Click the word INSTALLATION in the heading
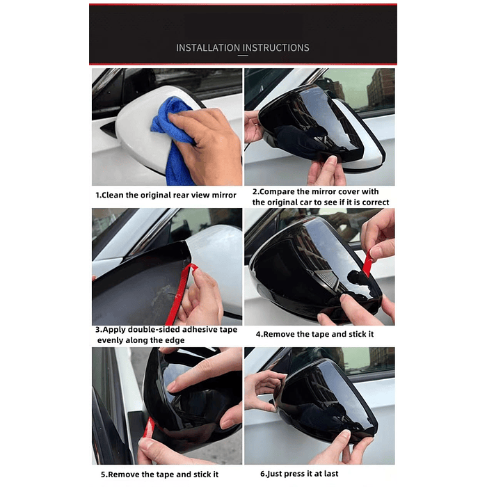coord(207,48)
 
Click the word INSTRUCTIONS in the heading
coord(275,48)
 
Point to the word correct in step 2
coord(375,202)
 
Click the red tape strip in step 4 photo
coord(367,264)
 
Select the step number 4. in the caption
coord(258,334)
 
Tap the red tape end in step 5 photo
coord(147,428)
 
